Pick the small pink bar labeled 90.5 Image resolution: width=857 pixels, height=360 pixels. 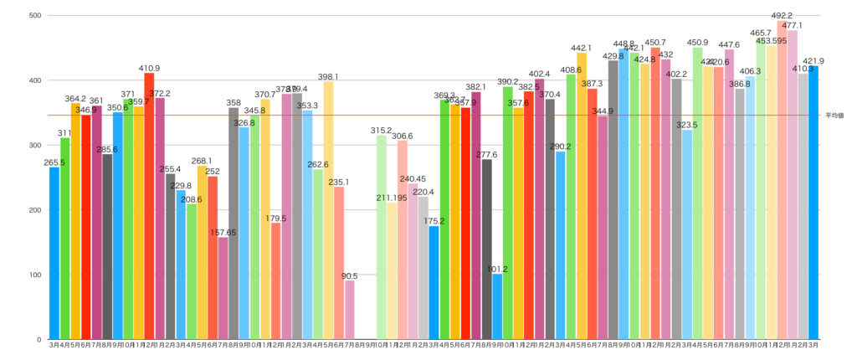350,310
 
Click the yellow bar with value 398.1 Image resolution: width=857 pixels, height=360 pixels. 328,210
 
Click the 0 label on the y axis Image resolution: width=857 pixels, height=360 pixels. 39,339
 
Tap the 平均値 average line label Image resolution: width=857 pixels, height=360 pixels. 835,116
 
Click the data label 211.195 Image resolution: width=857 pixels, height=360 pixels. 392,198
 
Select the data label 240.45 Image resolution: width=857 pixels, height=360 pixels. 413,178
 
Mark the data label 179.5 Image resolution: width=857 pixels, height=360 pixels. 276,219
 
